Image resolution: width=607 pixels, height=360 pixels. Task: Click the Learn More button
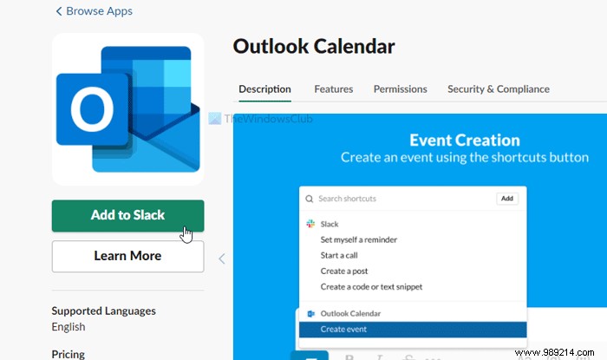[127, 256]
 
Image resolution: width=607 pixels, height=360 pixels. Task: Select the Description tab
[264, 88]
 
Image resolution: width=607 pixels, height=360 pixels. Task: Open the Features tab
[333, 88]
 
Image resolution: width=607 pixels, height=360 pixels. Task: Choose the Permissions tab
[400, 88]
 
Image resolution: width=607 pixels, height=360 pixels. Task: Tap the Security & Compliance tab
[498, 88]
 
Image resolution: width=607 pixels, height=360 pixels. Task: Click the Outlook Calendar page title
[314, 47]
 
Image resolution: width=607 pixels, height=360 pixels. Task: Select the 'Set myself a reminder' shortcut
[359, 239]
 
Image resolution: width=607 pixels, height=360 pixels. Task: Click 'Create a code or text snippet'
[371, 286]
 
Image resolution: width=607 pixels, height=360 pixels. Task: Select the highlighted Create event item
[343, 330]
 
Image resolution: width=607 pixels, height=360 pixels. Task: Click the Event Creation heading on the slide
[464, 140]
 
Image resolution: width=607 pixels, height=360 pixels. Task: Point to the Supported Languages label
[104, 311]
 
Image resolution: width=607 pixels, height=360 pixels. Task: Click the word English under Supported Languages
[69, 327]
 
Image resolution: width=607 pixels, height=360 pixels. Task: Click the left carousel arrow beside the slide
[221, 258]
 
